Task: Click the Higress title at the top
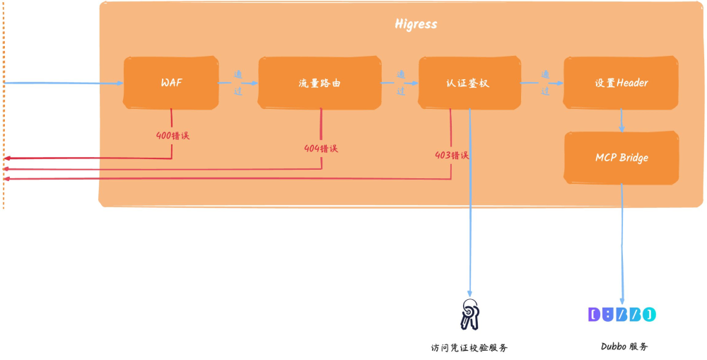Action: tap(416, 24)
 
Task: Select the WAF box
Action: tap(171, 83)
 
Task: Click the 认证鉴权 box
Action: tap(467, 83)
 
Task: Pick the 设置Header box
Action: tap(621, 83)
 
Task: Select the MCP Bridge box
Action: tap(621, 157)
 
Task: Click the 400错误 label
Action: tap(173, 134)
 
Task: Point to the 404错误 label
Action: tap(321, 149)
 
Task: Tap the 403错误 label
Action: tap(452, 156)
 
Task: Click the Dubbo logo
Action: tap(622, 315)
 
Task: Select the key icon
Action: tap(469, 315)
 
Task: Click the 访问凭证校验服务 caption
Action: tap(469, 347)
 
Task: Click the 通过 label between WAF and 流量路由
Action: tap(238, 83)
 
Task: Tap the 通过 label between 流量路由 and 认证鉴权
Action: tap(400, 83)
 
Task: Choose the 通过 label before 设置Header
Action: tap(545, 83)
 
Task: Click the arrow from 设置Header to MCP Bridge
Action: tap(621, 120)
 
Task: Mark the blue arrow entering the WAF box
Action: tap(64, 83)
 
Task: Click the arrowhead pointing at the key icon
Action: tap(469, 292)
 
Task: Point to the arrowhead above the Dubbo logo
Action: tap(623, 300)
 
